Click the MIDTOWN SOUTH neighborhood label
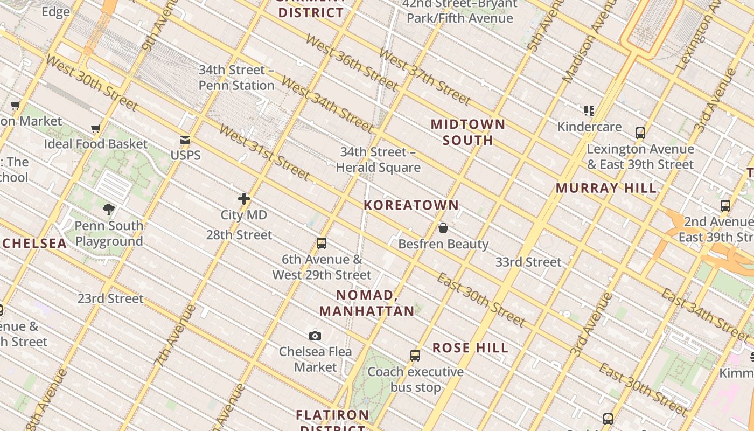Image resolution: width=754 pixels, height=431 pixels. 468,133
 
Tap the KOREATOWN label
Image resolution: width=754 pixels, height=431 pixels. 411,205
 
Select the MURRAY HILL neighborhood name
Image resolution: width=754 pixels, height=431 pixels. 606,189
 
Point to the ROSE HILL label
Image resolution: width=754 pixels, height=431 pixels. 471,348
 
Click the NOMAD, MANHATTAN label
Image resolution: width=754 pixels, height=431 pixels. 367,303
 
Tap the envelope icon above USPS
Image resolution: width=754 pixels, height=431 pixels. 185,141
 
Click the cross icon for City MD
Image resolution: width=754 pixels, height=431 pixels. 244,199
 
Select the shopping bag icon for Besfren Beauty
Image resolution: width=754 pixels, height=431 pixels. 443,228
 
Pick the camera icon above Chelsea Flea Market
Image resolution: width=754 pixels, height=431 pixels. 315,336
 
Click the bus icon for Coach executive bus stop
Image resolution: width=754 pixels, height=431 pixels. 415,356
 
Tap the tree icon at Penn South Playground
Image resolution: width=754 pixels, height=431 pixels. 109,210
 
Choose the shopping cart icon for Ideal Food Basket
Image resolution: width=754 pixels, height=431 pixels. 96,128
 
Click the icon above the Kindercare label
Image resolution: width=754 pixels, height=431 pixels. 589,111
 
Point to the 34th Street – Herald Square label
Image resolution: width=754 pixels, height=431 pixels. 378,160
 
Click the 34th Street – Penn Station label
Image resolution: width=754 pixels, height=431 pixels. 236,78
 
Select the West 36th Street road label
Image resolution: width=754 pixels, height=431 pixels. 352,62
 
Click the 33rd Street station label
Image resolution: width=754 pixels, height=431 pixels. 528,262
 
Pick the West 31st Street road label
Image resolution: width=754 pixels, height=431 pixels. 264,154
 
